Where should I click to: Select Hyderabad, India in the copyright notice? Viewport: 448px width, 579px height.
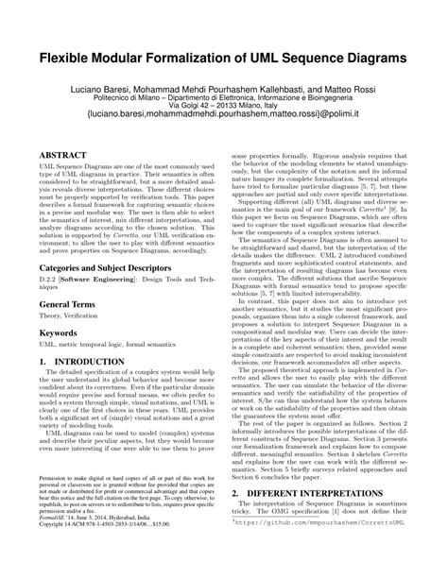coord(133,532)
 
